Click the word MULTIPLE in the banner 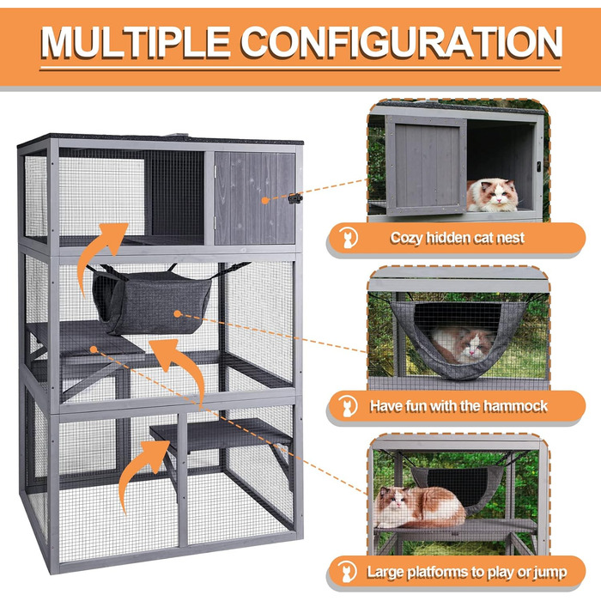(x=136, y=42)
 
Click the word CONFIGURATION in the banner (x=401, y=42)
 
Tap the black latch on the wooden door (x=295, y=198)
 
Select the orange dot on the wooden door (x=264, y=200)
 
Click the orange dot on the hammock (x=177, y=314)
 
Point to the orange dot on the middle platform (x=94, y=349)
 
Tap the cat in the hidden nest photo (x=492, y=195)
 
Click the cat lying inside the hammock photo (x=463, y=344)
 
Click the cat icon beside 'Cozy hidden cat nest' (x=349, y=238)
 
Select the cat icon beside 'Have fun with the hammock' (x=349, y=406)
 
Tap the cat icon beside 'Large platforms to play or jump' (x=347, y=573)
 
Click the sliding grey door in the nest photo (x=426, y=166)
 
